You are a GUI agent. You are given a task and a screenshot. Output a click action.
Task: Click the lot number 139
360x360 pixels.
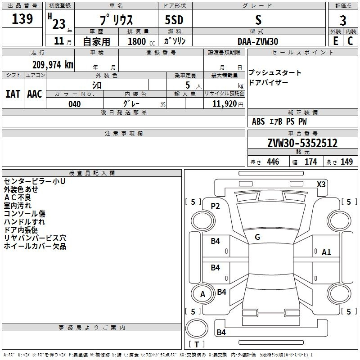tap(22, 19)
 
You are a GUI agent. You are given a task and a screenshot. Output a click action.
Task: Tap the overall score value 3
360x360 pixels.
tap(343, 20)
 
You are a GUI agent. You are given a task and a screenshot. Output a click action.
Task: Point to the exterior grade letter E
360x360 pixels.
tap(335, 41)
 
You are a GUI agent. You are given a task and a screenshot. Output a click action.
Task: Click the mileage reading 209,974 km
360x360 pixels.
tap(53, 64)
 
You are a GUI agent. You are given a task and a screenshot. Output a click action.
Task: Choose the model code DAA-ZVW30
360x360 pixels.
tap(258, 41)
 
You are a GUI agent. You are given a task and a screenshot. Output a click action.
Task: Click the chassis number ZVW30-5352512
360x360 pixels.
tap(302, 144)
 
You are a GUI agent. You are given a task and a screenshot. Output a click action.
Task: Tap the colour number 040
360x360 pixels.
tap(75, 104)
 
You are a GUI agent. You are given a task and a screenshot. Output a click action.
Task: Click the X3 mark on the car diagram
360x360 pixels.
tap(321, 184)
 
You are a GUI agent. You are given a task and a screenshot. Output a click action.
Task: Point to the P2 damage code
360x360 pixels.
tap(215, 206)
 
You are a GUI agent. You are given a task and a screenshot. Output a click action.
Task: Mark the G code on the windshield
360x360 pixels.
tap(257, 237)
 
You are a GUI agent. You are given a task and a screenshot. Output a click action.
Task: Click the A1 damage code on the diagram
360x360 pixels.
tap(326, 252)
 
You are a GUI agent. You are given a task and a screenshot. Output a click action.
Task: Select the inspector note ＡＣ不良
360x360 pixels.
tap(18, 198)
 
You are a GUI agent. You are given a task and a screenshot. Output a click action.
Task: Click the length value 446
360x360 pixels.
tap(273, 162)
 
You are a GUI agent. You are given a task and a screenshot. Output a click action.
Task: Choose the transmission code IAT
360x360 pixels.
tap(13, 94)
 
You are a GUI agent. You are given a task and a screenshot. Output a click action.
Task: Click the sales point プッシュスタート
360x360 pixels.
tap(275, 73)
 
